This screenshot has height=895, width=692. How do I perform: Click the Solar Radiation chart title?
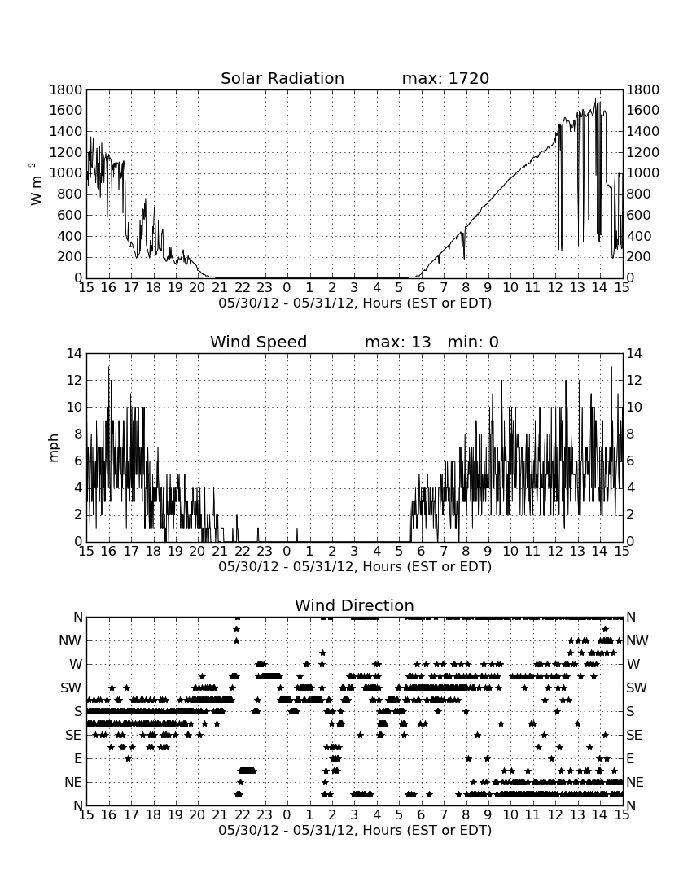282,78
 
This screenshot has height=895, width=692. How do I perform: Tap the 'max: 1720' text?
445,78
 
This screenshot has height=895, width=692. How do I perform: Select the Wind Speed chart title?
259,342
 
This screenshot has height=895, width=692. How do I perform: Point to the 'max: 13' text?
397,342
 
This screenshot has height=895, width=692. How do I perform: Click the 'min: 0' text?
473,342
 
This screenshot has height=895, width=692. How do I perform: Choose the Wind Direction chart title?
354,605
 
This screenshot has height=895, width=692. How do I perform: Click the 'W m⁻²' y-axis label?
35,184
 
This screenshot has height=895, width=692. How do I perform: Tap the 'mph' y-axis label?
54,448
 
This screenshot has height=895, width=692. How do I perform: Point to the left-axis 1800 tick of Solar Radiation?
66,89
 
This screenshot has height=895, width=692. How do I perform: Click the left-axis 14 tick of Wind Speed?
75,353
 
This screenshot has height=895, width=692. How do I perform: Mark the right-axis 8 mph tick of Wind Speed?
631,434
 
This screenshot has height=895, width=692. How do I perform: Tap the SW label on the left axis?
71,688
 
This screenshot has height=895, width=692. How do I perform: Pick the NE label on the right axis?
635,782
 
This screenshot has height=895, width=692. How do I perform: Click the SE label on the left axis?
73,736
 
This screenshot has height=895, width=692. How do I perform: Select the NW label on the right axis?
637,640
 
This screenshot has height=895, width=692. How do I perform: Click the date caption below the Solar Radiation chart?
355,303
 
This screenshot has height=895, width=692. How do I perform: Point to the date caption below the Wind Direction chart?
355,830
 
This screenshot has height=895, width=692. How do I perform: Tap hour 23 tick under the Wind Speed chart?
265,552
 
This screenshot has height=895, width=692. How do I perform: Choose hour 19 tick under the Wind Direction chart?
175,814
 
